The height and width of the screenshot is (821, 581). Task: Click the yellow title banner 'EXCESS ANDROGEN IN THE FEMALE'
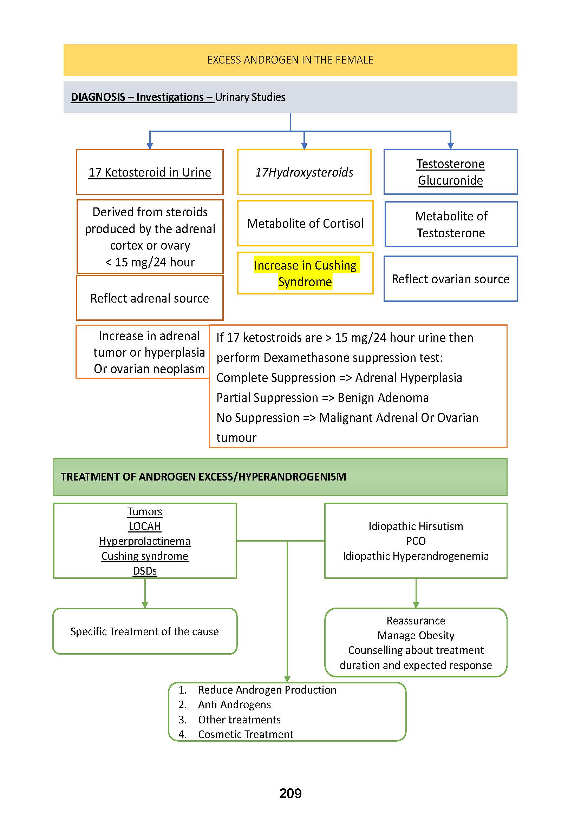pyautogui.click(x=290, y=60)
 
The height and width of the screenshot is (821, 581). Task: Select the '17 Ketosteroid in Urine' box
pyautogui.click(x=150, y=172)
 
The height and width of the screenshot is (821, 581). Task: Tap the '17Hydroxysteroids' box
pyautogui.click(x=304, y=172)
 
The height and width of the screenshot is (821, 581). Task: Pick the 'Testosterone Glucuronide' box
pyautogui.click(x=450, y=172)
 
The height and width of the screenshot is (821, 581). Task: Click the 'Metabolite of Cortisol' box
pyautogui.click(x=305, y=224)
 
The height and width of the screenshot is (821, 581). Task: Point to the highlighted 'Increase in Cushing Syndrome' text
pyautogui.click(x=305, y=273)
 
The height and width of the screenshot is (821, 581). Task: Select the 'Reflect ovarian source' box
pyautogui.click(x=450, y=279)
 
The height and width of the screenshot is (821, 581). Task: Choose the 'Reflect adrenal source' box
pyautogui.click(x=150, y=298)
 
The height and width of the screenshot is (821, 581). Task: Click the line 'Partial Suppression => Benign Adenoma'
pyautogui.click(x=322, y=398)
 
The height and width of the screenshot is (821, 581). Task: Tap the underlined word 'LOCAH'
pyautogui.click(x=145, y=527)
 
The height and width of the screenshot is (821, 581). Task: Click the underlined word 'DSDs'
pyautogui.click(x=145, y=571)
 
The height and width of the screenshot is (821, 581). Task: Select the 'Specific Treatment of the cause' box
pyautogui.click(x=144, y=632)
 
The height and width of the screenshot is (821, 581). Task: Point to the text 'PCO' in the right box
pyautogui.click(x=416, y=541)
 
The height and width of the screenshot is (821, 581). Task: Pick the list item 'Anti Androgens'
pyautogui.click(x=234, y=705)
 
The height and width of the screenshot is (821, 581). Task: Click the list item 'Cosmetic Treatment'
pyautogui.click(x=246, y=734)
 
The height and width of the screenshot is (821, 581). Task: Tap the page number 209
pyautogui.click(x=290, y=794)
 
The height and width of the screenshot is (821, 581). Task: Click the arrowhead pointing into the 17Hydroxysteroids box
pyautogui.click(x=304, y=146)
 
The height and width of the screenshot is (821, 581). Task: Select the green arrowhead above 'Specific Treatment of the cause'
pyautogui.click(x=145, y=605)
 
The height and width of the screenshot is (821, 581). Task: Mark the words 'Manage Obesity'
pyautogui.click(x=416, y=635)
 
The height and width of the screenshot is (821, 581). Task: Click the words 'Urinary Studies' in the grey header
pyautogui.click(x=250, y=97)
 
